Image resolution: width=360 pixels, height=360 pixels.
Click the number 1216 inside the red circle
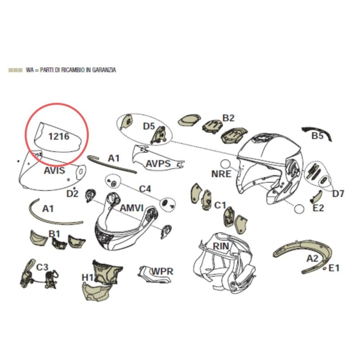click(59, 136)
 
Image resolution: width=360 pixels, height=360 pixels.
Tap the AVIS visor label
click(54, 171)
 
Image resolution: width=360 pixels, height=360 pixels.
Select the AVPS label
click(158, 164)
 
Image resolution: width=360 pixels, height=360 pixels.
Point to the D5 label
click(149, 126)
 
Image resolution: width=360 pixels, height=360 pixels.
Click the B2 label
click(229, 118)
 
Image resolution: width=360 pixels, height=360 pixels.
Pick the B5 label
click(318, 136)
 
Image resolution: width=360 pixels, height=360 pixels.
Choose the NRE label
click(221, 174)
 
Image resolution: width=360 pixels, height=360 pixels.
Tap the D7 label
click(338, 194)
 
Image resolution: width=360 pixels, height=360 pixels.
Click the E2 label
click(318, 208)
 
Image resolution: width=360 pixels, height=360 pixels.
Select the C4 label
click(145, 189)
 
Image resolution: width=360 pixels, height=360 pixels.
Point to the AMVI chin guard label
click(132, 208)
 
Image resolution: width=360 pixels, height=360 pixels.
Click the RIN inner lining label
click(221, 246)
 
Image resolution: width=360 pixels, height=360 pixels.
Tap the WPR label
click(162, 271)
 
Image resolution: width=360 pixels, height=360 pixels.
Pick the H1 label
click(87, 278)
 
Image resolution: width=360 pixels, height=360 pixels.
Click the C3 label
click(42, 267)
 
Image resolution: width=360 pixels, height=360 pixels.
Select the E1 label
click(334, 268)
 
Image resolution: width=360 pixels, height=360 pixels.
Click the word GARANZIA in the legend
click(104, 70)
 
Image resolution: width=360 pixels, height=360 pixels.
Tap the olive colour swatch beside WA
click(15, 70)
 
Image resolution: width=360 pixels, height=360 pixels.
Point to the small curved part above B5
click(317, 131)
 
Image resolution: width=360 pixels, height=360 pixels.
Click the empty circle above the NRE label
click(225, 164)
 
